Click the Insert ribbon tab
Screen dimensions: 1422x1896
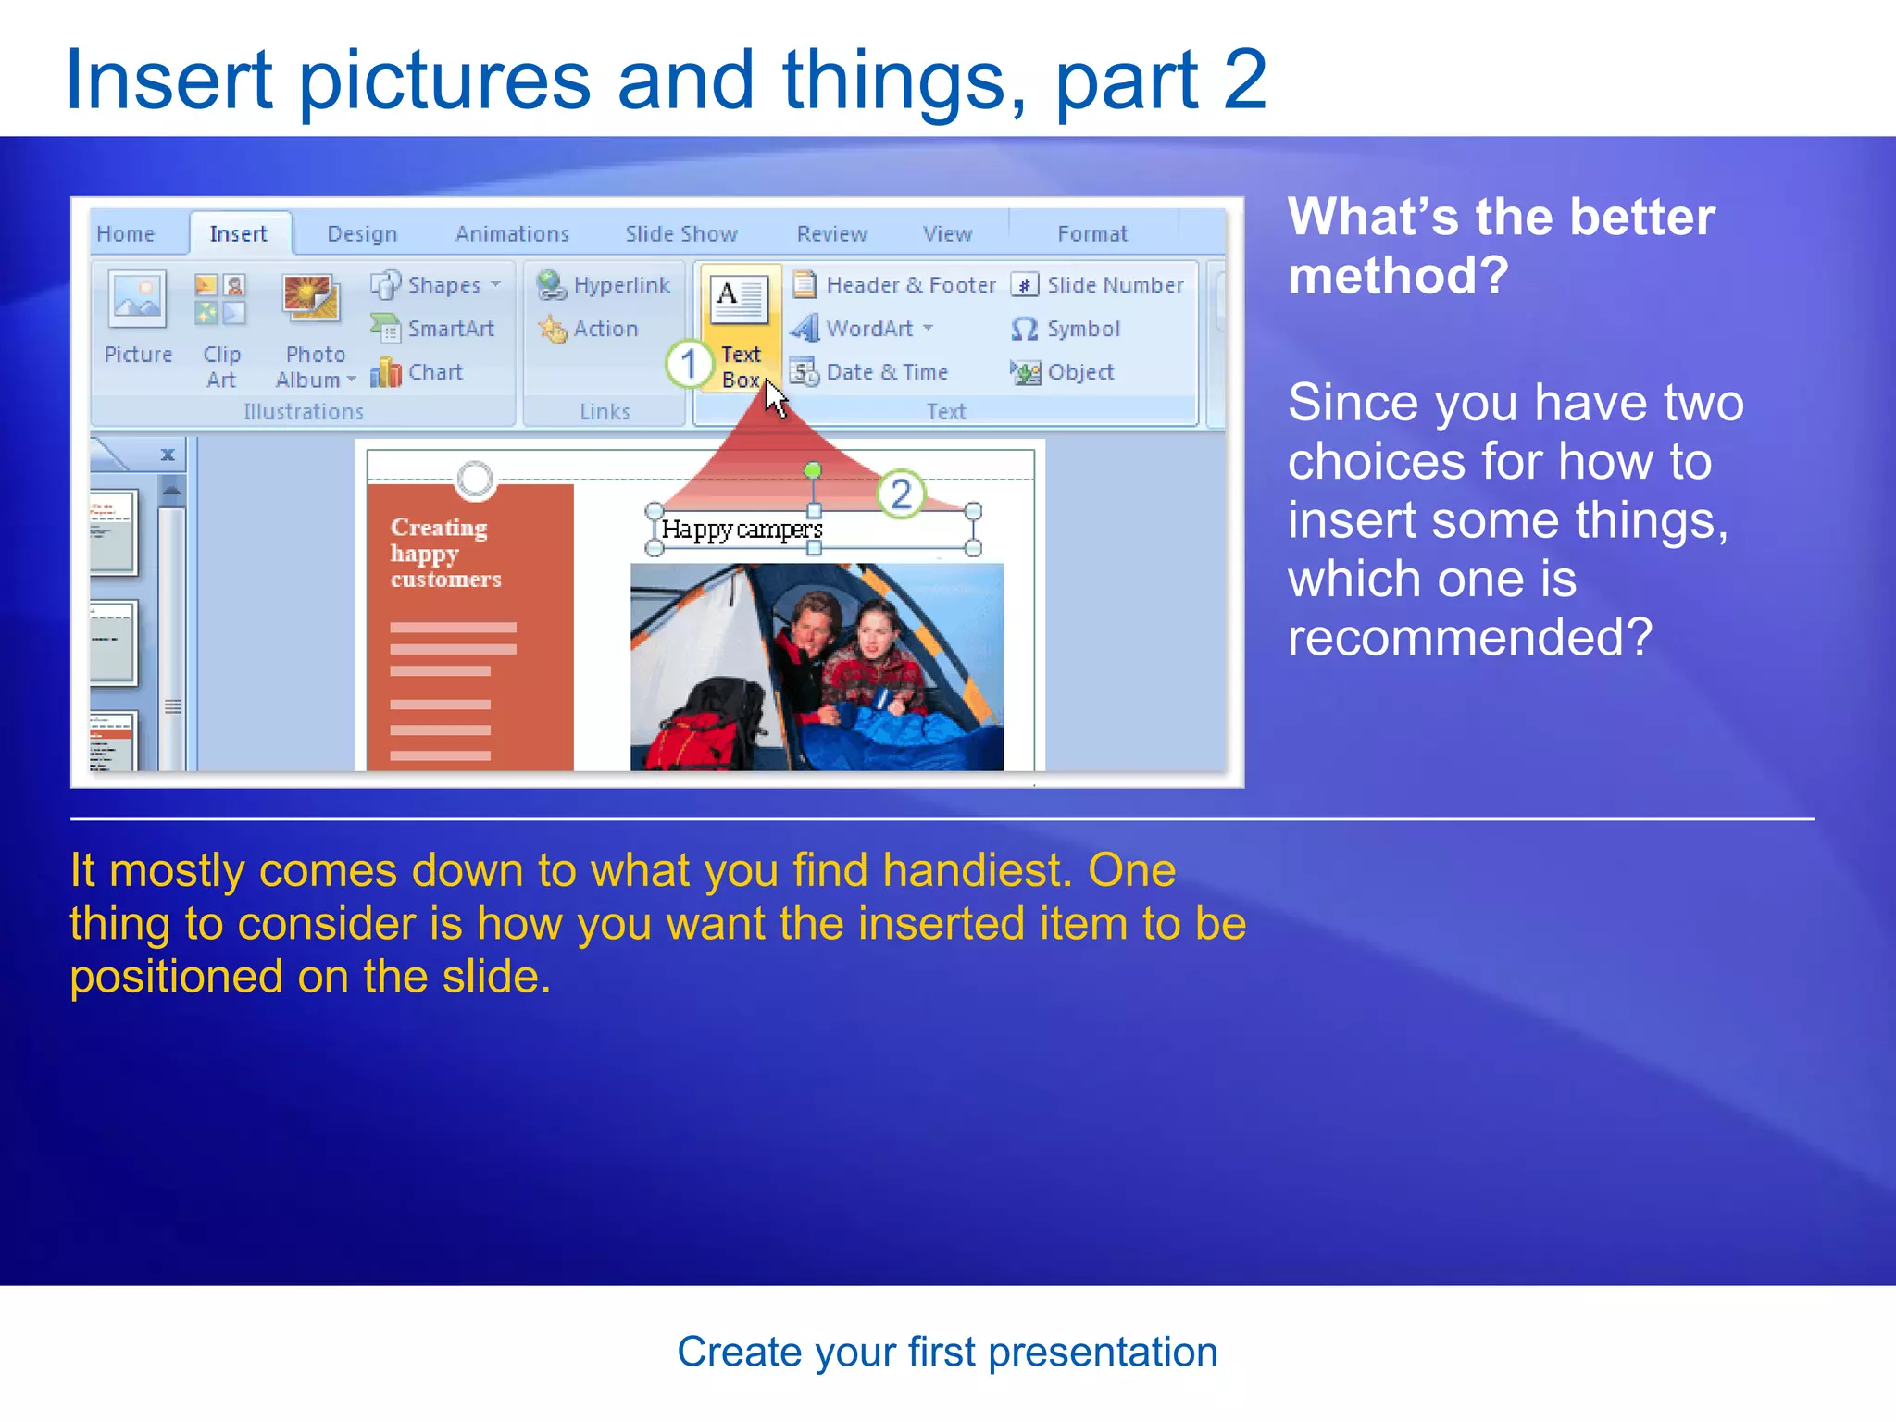click(238, 234)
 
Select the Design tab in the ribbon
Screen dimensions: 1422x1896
click(362, 234)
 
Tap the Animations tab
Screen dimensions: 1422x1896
click(512, 234)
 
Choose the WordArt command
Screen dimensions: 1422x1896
click(868, 329)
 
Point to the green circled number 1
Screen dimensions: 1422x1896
click(688, 364)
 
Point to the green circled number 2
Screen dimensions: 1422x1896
click(900, 494)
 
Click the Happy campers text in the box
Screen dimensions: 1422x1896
click(742, 530)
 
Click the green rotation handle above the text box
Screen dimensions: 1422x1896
click(812, 471)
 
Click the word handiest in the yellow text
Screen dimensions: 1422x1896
click(977, 871)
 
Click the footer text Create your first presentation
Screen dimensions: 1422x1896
click(947, 1353)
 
